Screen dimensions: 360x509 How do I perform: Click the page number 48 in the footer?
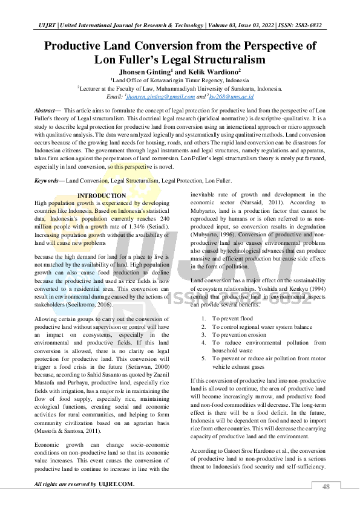click(x=326, y=486)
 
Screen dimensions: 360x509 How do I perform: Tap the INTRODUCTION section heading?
click(x=102, y=196)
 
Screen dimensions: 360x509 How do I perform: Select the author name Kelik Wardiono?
click(x=211, y=71)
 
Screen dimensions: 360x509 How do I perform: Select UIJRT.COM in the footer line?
click(x=117, y=485)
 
